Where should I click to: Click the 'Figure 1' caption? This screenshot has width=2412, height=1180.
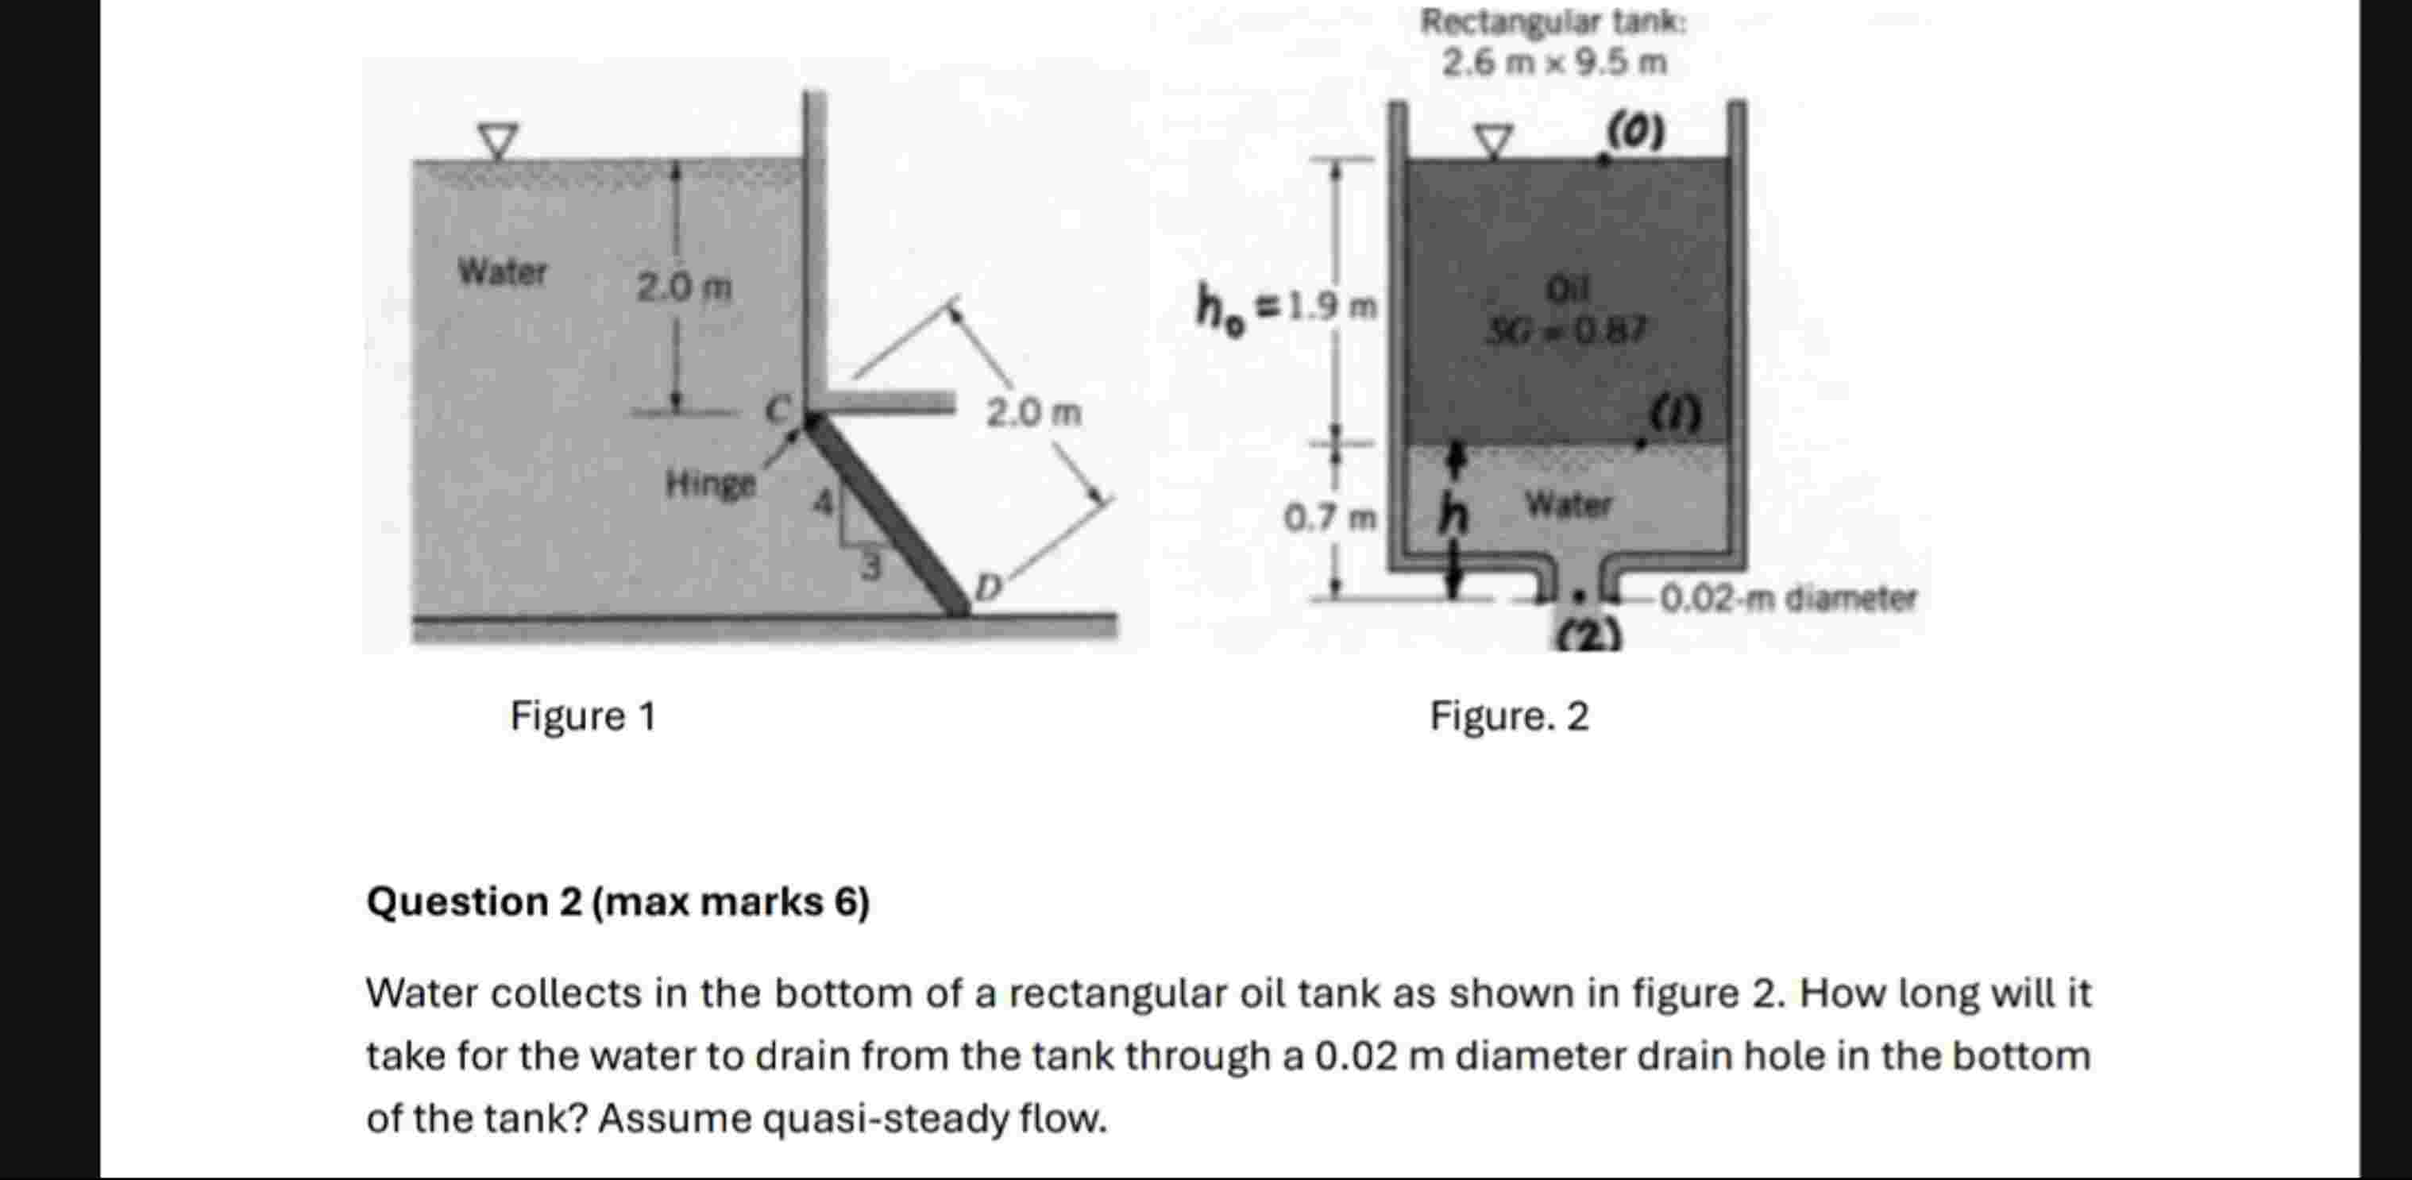[582, 717]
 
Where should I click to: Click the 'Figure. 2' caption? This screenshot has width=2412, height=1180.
[1508, 717]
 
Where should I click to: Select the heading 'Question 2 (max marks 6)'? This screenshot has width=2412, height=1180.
[618, 903]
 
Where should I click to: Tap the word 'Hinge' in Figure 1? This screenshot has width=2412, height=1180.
[710, 484]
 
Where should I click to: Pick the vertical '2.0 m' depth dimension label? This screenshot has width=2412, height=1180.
[684, 287]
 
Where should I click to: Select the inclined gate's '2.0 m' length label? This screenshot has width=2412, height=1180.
[1032, 412]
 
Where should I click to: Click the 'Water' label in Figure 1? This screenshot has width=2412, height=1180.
[502, 272]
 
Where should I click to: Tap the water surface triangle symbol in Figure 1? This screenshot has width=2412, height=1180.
[498, 141]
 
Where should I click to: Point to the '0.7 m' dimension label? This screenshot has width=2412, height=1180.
[1329, 517]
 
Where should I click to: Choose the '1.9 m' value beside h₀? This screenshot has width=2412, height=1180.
[1330, 307]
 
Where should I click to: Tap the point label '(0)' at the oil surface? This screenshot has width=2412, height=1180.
[1636, 131]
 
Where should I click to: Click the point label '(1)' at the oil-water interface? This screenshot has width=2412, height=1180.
[1675, 413]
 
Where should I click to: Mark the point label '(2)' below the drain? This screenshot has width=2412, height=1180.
[1588, 637]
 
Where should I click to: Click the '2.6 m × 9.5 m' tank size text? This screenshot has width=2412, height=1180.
[1553, 64]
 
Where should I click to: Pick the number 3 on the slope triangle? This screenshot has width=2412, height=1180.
[870, 567]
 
